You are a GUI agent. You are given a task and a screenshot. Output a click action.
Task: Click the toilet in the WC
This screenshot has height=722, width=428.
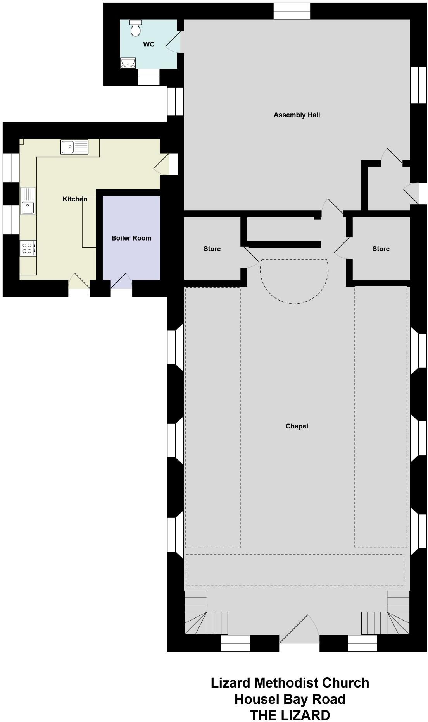click(136, 28)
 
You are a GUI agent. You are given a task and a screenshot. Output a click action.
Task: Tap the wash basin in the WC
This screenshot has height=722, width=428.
click(128, 63)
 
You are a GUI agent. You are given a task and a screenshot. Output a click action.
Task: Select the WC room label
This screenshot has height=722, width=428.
click(149, 45)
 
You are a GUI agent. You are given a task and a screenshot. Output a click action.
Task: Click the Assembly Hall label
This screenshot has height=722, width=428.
click(297, 115)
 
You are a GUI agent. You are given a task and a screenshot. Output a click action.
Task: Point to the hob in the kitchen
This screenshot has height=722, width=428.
click(28, 248)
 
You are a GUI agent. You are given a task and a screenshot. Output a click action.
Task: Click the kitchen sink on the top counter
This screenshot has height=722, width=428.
click(74, 147)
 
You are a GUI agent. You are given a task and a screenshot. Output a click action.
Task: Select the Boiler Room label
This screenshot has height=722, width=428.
click(131, 238)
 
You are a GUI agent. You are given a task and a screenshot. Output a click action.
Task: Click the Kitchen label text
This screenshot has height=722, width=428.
click(75, 199)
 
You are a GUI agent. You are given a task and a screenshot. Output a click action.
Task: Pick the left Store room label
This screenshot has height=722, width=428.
click(212, 249)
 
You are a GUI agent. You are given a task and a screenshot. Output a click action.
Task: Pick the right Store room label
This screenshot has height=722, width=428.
click(381, 249)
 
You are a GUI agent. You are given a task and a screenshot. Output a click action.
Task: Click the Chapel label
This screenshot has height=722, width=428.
click(297, 426)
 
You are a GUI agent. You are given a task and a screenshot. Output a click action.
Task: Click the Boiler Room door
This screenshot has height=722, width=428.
click(121, 280)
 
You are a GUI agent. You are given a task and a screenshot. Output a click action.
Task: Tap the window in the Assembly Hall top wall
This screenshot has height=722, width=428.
click(292, 11)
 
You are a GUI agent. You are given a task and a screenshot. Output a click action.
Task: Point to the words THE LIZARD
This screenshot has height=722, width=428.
click(290, 715)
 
